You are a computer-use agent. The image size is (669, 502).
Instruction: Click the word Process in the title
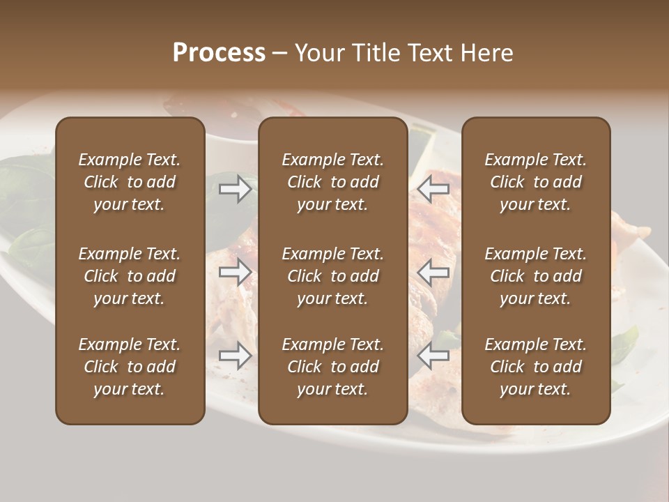click(x=219, y=53)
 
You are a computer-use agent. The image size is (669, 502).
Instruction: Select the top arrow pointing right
click(x=235, y=189)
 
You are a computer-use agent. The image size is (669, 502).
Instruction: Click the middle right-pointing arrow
click(x=235, y=272)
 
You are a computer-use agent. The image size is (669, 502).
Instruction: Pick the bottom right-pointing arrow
click(x=235, y=356)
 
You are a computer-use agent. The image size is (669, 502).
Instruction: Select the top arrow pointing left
click(x=433, y=189)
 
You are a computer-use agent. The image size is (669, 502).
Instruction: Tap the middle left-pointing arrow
click(x=433, y=272)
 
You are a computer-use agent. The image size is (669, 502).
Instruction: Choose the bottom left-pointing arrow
click(x=433, y=356)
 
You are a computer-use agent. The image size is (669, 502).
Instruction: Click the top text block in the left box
click(x=130, y=182)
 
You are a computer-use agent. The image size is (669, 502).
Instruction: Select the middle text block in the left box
click(x=130, y=276)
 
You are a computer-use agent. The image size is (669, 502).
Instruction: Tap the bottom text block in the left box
click(x=130, y=367)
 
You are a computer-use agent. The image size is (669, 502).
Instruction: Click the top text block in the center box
click(x=332, y=182)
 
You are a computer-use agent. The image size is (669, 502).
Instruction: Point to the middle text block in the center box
click(x=332, y=276)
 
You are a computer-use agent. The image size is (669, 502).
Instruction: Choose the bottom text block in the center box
click(x=332, y=367)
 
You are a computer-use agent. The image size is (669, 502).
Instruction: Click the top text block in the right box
click(x=535, y=182)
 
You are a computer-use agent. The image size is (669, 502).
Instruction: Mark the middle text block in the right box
click(x=535, y=276)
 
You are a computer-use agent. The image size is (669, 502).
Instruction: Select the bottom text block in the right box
click(x=535, y=367)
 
